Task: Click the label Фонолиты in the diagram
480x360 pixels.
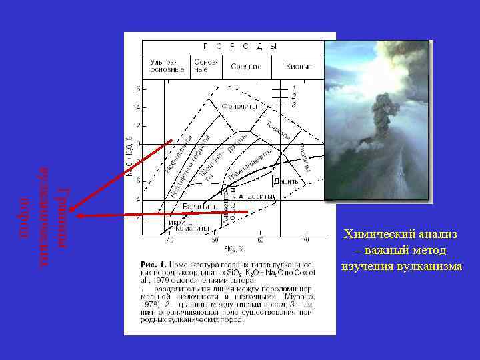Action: tap(235, 106)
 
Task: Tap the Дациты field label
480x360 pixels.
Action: tap(287, 181)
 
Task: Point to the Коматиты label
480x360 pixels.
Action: tap(193, 228)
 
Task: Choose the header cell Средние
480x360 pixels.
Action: tap(245, 66)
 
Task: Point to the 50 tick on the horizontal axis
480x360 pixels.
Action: tap(215, 240)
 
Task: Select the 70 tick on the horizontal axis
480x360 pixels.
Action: tap(305, 240)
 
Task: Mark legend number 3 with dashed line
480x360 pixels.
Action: tap(294, 105)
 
